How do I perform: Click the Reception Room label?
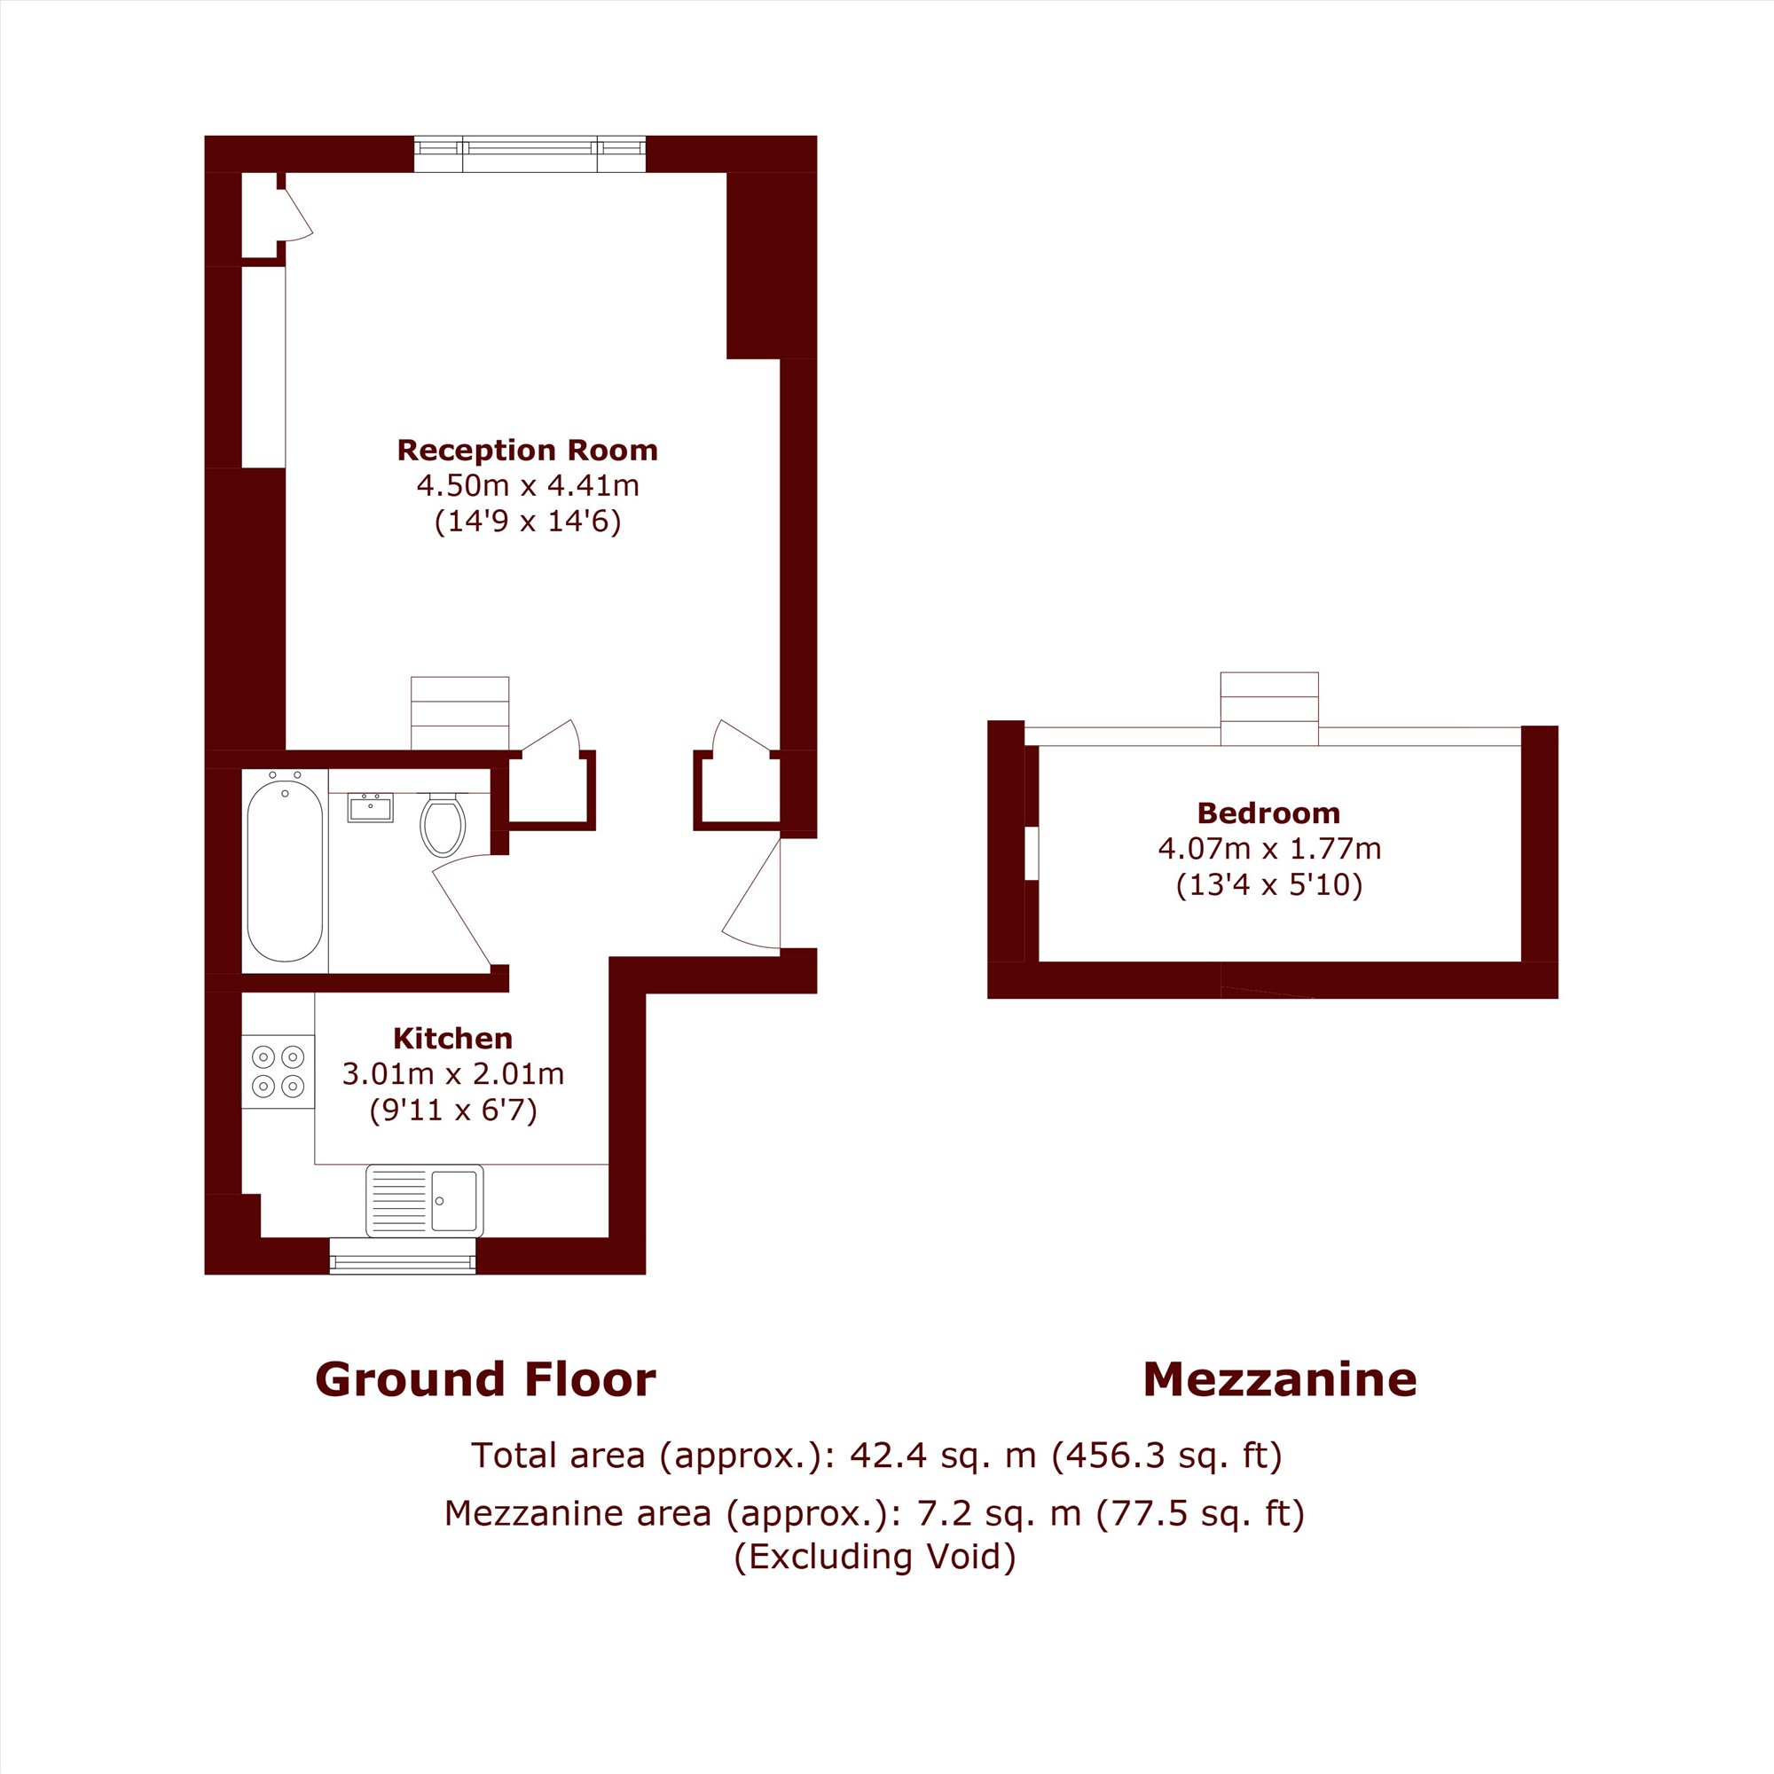527,450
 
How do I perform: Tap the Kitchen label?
452,1039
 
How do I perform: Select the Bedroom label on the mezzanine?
1269,812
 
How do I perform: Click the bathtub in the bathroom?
285,867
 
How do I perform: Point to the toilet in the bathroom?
443,823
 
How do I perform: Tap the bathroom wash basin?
370,808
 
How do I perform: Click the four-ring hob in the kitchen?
279,1071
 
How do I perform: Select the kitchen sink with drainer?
424,1201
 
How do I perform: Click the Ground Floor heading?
486,1379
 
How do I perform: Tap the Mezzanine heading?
1280,1379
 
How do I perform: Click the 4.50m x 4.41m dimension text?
528,485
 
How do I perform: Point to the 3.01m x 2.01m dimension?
453,1073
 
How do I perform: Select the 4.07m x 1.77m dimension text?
1270,849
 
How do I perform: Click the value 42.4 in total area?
887,1456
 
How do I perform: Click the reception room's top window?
530,154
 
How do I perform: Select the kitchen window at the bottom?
403,1255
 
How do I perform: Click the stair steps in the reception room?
460,712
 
